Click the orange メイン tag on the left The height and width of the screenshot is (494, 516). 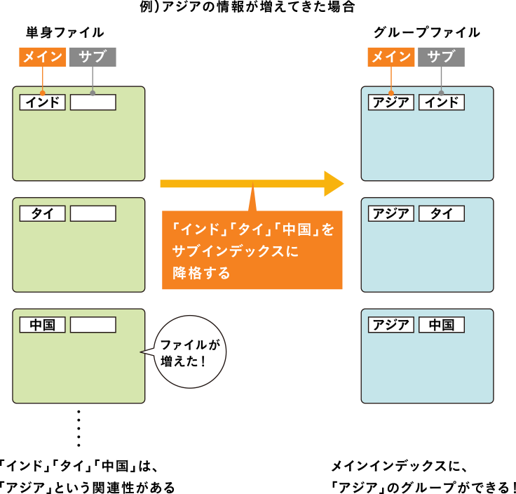tap(43, 57)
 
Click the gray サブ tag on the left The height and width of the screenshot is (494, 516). tap(93, 57)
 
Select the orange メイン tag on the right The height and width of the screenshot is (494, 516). tap(391, 57)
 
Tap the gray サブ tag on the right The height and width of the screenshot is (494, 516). tap(441, 57)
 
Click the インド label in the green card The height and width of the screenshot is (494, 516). tap(43, 102)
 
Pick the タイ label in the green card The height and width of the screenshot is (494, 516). tap(43, 213)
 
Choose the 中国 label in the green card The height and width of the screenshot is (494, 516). tap(43, 325)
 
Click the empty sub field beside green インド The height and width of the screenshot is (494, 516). tap(93, 102)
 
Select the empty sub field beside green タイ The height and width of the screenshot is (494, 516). tap(93, 213)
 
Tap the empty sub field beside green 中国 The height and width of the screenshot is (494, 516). tap(93, 325)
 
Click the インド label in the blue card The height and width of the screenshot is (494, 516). tap(442, 102)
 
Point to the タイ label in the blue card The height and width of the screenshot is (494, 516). tap(442, 213)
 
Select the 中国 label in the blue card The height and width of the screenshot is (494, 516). tap(442, 325)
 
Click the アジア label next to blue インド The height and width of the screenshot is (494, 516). tap(391, 102)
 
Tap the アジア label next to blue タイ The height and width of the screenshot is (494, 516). tap(391, 213)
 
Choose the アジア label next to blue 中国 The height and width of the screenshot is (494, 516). tap(391, 325)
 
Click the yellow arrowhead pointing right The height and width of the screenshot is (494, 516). tap(333, 184)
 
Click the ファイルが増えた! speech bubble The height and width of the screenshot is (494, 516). tap(190, 352)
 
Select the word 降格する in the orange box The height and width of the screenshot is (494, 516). tap(202, 273)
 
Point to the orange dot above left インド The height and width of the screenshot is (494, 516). tap(43, 93)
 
